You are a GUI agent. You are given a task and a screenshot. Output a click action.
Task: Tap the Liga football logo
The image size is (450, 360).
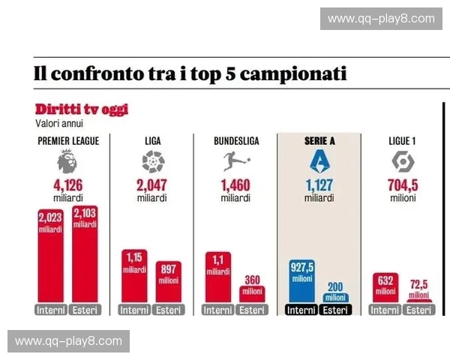[152, 160]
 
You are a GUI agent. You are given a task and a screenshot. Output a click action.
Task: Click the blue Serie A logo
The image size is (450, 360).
[319, 160]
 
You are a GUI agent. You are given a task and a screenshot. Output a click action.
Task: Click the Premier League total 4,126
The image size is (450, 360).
[67, 186]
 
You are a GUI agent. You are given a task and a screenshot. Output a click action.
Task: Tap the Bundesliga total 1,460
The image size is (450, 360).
[235, 186]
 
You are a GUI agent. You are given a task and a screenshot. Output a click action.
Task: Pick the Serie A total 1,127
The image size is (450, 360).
[319, 186]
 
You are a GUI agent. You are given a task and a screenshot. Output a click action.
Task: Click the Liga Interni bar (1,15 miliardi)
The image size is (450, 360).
[134, 277]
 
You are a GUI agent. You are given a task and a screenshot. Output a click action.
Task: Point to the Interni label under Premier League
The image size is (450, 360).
[51, 310]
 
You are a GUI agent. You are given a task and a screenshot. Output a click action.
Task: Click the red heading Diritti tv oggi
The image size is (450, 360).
[81, 109]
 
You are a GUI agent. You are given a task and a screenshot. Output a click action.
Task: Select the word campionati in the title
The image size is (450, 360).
[289, 75]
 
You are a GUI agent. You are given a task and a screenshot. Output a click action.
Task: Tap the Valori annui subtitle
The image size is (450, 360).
[58, 123]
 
